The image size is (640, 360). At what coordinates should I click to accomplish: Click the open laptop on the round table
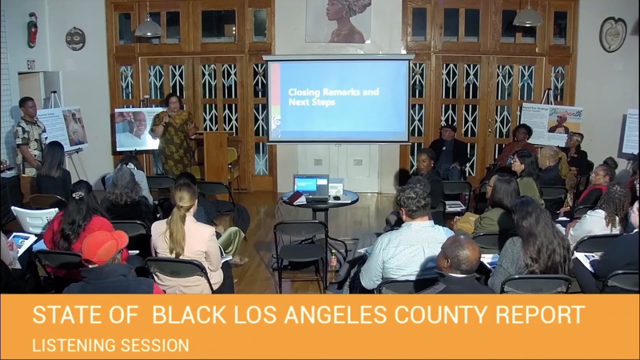tap(310, 185)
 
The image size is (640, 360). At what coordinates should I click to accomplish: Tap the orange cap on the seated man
tap(104, 246)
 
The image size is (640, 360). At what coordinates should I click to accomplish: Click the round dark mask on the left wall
tap(75, 38)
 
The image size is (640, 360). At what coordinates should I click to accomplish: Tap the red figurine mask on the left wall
tap(32, 29)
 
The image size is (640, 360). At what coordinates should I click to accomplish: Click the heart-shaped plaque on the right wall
tap(612, 34)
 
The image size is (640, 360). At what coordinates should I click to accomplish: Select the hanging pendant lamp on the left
tap(148, 27)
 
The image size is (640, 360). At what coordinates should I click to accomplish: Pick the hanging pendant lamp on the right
tap(527, 17)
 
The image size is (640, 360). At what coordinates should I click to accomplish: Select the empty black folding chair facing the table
tap(300, 250)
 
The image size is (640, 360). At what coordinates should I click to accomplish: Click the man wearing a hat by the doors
tap(448, 150)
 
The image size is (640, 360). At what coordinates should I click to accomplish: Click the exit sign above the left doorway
tap(31, 64)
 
